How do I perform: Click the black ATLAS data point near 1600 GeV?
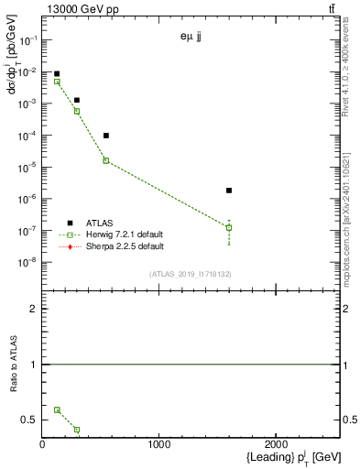(229, 191)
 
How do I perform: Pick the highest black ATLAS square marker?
(57, 74)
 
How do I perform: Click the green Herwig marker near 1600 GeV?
(229, 227)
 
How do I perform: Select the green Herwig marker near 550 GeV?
(106, 160)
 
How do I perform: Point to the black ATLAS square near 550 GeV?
(106, 136)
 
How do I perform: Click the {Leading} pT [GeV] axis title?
(279, 457)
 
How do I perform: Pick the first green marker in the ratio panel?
(57, 410)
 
